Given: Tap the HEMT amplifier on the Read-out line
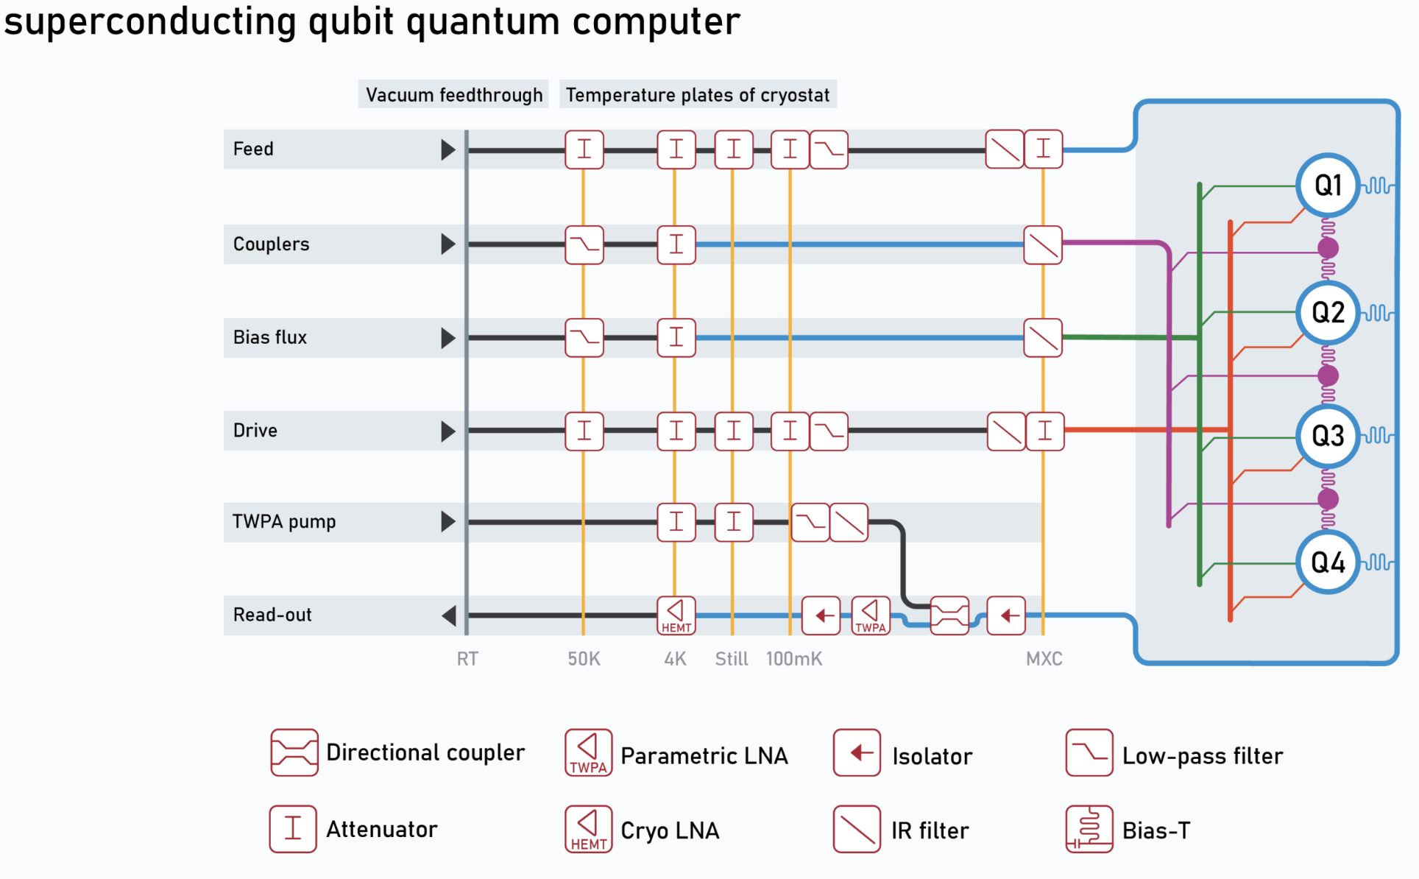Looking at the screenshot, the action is pyautogui.click(x=676, y=615).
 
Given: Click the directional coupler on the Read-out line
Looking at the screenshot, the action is pyautogui.click(x=949, y=615).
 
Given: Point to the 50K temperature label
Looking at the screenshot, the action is pyautogui.click(x=584, y=659).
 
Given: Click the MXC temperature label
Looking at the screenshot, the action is pyautogui.click(x=1044, y=659).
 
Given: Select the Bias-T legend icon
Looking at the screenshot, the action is pyautogui.click(x=1089, y=829).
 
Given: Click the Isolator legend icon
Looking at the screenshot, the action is pyautogui.click(x=857, y=752).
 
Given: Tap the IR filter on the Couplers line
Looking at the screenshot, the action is pyautogui.click(x=1043, y=244).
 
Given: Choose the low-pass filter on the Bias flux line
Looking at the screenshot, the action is pyautogui.click(x=584, y=337).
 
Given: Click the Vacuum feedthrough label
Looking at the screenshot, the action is pyautogui.click(x=454, y=95).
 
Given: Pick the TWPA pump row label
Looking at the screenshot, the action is pyautogui.click(x=284, y=522).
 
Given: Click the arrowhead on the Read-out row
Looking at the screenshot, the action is pyautogui.click(x=449, y=615).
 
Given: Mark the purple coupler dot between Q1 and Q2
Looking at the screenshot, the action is pyautogui.click(x=1328, y=248).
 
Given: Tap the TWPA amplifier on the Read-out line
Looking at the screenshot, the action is pyautogui.click(x=871, y=615).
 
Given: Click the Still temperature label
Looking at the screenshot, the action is pyautogui.click(x=732, y=659).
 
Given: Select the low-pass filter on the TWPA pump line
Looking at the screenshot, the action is pyautogui.click(x=810, y=522).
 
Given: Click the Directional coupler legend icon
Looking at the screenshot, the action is pyautogui.click(x=294, y=752).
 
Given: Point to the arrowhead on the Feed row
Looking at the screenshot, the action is pyautogui.click(x=448, y=149).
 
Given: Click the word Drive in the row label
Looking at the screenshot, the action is pyautogui.click(x=255, y=431).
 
